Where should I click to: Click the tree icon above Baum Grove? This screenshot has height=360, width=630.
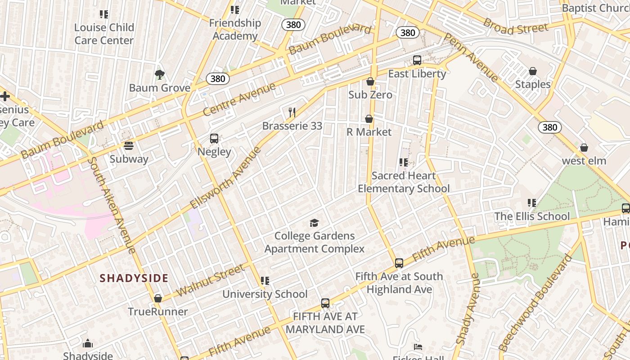[x=159, y=75]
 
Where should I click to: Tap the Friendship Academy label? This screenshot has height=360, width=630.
[x=235, y=29]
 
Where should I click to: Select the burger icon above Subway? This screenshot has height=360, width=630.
[x=129, y=146]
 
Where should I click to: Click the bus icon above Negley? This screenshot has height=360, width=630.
[x=214, y=139]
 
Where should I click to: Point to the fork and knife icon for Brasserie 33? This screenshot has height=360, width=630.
[x=292, y=112]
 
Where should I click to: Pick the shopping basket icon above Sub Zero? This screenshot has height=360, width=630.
[x=370, y=81]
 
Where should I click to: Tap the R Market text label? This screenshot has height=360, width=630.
[x=369, y=132]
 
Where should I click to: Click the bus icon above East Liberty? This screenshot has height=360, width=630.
[x=417, y=60]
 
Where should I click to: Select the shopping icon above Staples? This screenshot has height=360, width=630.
[x=532, y=71]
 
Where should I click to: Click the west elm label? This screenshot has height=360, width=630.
[x=584, y=161]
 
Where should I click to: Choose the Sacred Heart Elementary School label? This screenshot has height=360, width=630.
[x=403, y=182]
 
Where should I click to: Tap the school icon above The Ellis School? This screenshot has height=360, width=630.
[x=532, y=203]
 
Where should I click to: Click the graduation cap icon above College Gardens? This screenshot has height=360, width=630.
[x=314, y=223]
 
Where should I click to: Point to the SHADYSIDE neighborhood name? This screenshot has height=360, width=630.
[x=134, y=278]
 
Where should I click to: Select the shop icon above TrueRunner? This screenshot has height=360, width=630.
[x=157, y=298]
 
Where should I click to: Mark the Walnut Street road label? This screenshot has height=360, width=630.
[x=210, y=280]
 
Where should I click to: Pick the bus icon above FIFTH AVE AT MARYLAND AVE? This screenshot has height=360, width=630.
[x=325, y=303]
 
